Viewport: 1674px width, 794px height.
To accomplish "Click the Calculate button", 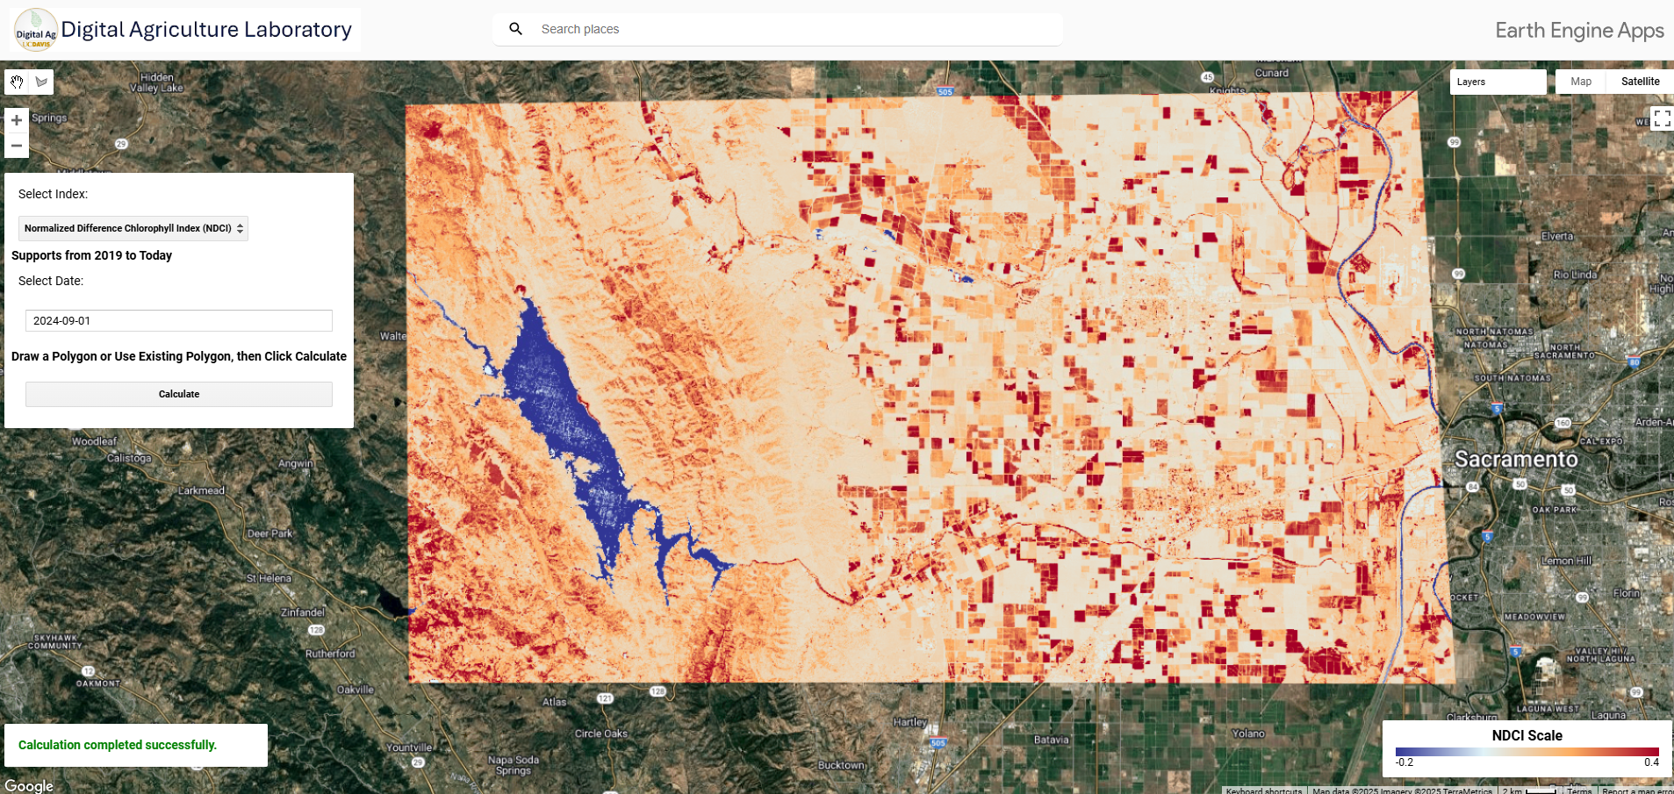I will (179, 394).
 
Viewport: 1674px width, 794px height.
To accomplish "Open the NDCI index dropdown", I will (133, 228).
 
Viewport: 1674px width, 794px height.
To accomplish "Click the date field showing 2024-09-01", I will (179, 320).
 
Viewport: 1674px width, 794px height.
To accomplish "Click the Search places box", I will (790, 29).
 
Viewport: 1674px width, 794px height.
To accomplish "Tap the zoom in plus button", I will (17, 120).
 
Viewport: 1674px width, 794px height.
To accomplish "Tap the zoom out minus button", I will (17, 146).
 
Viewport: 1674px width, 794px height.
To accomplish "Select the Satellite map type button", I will (1640, 82).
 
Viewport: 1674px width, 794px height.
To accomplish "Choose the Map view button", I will (1581, 82).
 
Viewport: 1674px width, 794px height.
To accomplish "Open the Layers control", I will (1497, 82).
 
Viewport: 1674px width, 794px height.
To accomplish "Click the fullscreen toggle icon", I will (1662, 118).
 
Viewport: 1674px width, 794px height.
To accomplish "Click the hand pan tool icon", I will (17, 82).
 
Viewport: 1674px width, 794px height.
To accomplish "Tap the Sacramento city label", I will (1516, 459).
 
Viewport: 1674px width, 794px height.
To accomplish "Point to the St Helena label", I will (269, 578).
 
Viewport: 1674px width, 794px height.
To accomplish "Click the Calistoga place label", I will (129, 458).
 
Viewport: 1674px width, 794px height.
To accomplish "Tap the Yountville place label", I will (410, 748).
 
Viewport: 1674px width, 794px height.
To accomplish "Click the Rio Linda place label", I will (1575, 275).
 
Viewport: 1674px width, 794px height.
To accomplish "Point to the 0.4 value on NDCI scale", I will (1651, 762).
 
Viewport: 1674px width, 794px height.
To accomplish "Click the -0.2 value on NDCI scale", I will (1405, 762).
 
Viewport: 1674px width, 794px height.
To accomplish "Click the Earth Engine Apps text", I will (1579, 31).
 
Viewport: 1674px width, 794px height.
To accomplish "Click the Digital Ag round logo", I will (36, 30).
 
